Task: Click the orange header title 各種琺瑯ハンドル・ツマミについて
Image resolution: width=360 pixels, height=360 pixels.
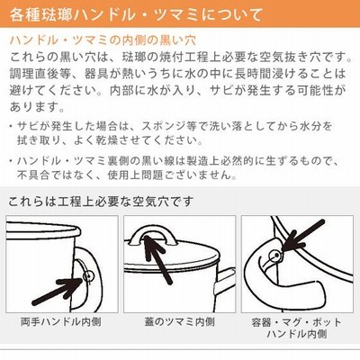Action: [x=136, y=15]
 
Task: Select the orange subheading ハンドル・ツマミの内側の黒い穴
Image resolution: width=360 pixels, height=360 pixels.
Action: [x=103, y=40]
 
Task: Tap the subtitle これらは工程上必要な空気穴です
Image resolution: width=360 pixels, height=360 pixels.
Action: [x=100, y=201]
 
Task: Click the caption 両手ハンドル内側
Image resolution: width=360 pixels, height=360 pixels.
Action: [x=61, y=322]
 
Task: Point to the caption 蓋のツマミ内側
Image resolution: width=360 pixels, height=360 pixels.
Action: [x=180, y=322]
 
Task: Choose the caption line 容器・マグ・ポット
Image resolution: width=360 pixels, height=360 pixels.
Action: [x=297, y=322]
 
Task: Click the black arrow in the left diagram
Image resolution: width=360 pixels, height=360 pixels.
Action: [x=57, y=291]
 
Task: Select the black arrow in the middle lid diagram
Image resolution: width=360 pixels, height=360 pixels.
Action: [x=157, y=259]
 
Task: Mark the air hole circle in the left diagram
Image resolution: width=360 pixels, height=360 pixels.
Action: [x=88, y=276]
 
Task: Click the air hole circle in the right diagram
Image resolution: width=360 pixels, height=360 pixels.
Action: [x=275, y=256]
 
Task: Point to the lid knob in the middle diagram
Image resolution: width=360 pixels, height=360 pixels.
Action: [x=152, y=229]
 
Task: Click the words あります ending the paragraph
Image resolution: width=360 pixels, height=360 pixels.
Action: [x=33, y=106]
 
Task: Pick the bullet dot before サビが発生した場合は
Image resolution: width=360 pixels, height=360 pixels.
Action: [x=11, y=126]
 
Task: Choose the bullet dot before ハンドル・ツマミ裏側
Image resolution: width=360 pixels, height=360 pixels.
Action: [x=11, y=161]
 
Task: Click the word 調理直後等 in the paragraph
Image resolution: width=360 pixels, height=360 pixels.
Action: [x=39, y=74]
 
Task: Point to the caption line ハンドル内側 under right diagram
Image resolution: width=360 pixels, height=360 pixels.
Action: [x=297, y=334]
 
